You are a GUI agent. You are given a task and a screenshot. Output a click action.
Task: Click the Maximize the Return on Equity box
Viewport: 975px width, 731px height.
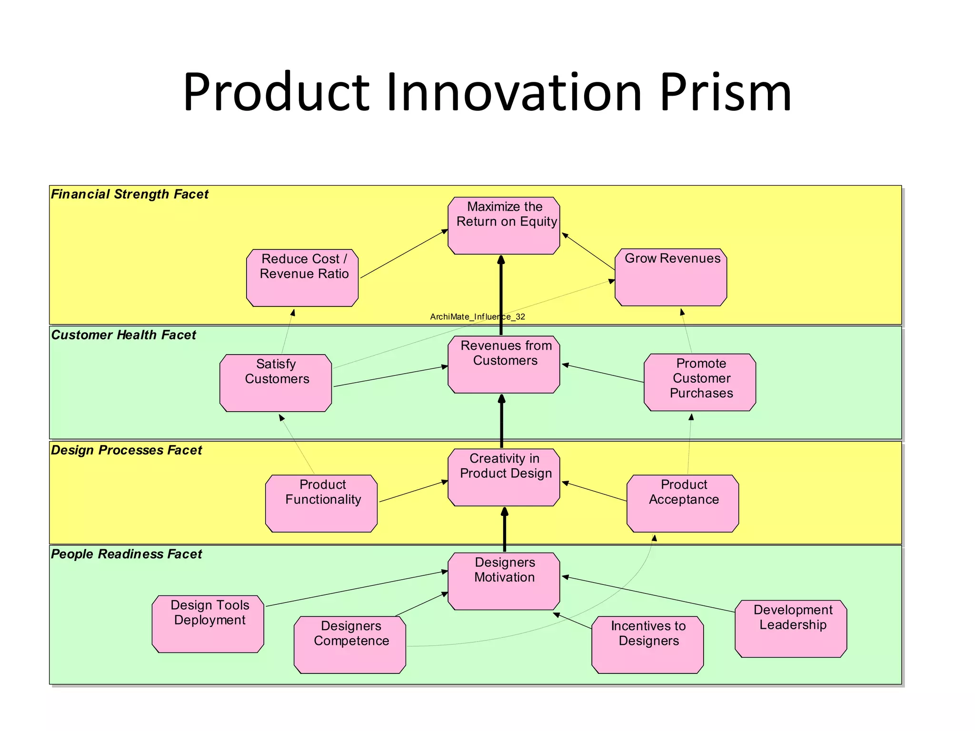(504, 226)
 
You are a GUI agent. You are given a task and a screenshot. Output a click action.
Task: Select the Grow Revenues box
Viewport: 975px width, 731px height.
(671, 277)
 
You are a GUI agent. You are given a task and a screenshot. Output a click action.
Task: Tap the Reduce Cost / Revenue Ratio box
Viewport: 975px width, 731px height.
(302, 278)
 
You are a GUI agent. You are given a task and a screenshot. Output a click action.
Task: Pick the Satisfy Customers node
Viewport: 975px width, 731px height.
(276, 383)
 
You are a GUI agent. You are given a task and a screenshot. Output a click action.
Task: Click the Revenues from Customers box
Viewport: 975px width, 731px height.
(504, 365)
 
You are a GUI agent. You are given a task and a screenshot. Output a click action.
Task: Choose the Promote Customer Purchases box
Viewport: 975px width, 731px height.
(700, 382)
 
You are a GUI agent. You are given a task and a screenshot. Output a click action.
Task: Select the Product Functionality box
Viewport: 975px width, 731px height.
(321, 503)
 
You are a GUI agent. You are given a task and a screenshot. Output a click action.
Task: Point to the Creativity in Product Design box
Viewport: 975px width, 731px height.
(504, 477)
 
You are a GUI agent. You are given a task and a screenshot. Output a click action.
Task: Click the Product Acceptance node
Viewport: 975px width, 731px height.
(683, 503)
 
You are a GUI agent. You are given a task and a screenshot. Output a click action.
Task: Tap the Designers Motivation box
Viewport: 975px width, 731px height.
(504, 581)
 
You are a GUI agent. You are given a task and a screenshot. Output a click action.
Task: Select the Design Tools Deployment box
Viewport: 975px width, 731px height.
(208, 624)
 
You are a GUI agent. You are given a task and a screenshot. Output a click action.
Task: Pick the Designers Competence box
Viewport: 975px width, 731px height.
(350, 644)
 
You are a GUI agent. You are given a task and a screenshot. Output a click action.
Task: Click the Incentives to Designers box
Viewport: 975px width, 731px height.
(647, 644)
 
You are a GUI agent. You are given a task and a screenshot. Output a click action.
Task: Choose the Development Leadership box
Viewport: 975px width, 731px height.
(791, 629)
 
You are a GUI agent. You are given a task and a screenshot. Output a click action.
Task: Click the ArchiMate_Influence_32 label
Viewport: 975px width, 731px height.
(478, 317)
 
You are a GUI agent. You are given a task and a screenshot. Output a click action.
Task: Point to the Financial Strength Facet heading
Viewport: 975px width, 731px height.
(129, 194)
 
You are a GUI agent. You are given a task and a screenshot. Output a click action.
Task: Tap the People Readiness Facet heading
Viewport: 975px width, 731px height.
(126, 554)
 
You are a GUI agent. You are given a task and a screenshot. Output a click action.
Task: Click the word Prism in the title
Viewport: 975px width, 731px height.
(726, 93)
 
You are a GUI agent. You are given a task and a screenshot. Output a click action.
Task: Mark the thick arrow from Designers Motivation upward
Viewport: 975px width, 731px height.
(505, 529)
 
